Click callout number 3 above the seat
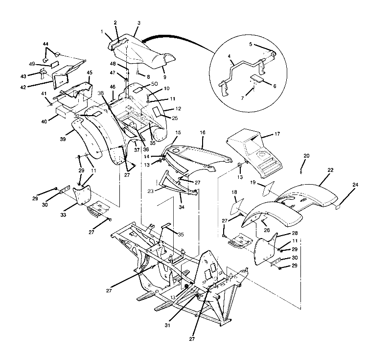(x=138, y=23)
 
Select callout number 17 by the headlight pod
(x=277, y=134)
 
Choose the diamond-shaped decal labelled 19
(x=269, y=188)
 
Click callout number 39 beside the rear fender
(x=62, y=140)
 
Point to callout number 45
(x=90, y=73)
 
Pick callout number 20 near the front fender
(x=306, y=156)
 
